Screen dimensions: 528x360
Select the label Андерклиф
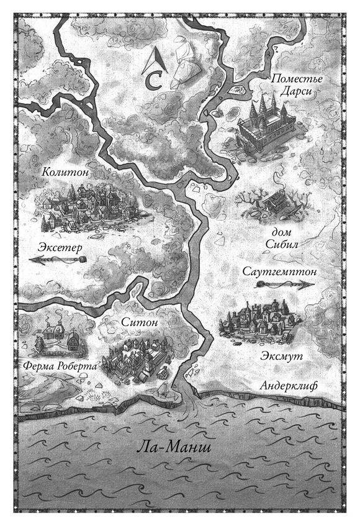point(288,386)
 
